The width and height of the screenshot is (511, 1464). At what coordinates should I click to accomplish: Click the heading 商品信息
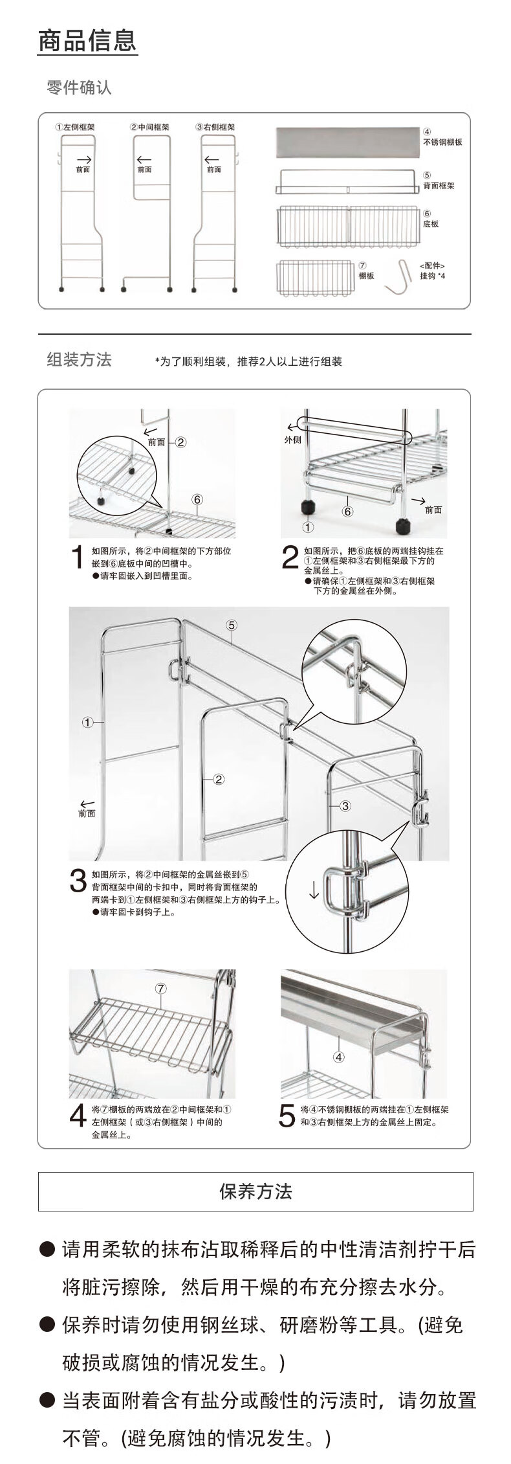tap(87, 41)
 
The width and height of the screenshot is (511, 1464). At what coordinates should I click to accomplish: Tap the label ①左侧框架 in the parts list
tap(75, 128)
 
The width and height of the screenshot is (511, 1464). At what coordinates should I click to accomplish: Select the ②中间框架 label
tap(149, 128)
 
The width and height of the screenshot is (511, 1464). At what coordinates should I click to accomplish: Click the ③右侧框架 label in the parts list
tap(215, 128)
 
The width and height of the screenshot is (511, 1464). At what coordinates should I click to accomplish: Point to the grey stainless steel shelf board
tap(347, 142)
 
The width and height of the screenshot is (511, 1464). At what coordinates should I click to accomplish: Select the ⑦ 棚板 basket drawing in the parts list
tap(316, 278)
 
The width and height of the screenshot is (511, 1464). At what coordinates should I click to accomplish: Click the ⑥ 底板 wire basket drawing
tap(348, 226)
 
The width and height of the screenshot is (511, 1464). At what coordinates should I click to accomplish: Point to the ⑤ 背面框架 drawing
tap(347, 182)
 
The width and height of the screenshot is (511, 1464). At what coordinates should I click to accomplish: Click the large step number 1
tap(78, 557)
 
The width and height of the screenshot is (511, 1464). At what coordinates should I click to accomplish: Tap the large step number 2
tap(290, 558)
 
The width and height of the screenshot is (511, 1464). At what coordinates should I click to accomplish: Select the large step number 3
tap(78, 881)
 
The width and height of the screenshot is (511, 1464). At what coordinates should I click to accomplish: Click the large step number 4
tap(78, 1115)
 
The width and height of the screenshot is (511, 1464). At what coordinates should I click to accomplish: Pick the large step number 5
tap(287, 1115)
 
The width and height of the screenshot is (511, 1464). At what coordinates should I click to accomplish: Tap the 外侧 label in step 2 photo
tap(293, 440)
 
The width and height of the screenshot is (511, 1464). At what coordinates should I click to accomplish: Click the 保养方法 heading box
tap(255, 1191)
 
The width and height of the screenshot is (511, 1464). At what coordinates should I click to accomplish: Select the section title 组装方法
tap(79, 359)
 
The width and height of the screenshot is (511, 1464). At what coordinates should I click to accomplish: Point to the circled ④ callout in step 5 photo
tap(339, 1057)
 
